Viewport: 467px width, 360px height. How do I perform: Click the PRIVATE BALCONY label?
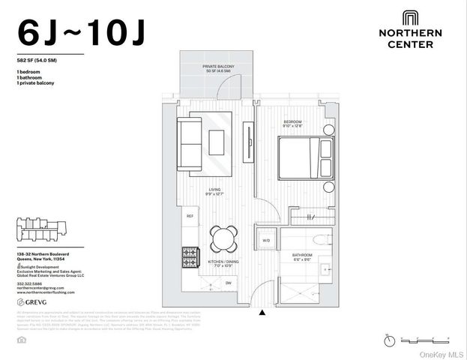tap(217, 67)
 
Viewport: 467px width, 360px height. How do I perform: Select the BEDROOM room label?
tap(292, 121)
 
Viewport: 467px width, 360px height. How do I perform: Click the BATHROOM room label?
tap(302, 256)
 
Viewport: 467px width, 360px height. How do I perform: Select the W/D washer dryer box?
tap(266, 241)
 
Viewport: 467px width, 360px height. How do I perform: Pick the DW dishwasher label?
tap(228, 283)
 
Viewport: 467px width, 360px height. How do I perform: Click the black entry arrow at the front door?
tap(261, 313)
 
